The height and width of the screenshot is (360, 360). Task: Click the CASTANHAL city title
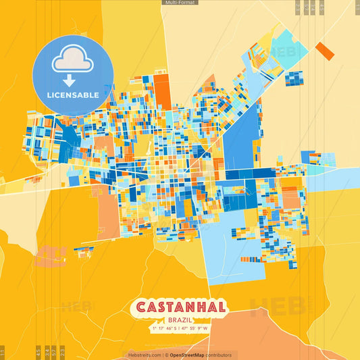click(x=181, y=307)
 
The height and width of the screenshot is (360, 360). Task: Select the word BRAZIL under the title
click(x=181, y=319)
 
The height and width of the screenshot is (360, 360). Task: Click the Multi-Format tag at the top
click(x=180, y=3)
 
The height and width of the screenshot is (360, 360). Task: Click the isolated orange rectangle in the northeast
click(x=325, y=51)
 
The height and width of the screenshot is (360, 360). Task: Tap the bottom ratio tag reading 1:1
click(x=2, y=353)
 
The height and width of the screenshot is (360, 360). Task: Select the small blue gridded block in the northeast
click(x=294, y=78)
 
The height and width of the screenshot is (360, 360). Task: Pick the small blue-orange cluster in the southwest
click(x=84, y=252)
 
